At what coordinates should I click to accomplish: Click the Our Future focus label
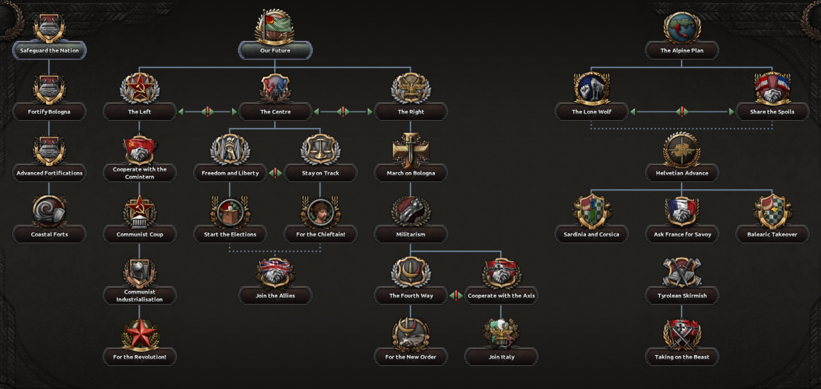point(275,50)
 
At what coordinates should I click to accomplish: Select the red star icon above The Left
point(139,88)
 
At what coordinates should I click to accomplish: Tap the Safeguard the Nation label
point(49,50)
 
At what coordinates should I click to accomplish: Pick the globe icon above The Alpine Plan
point(682,28)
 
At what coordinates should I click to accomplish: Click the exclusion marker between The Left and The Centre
point(207,112)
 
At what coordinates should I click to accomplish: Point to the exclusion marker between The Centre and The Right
point(343,112)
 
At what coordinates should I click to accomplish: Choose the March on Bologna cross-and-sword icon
point(410,150)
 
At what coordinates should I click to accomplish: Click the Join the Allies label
point(275,295)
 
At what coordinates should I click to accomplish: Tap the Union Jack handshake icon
point(275,273)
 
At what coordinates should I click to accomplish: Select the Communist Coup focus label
point(140,234)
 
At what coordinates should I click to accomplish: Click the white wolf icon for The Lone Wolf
point(591,88)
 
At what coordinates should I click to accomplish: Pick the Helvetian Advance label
point(682,173)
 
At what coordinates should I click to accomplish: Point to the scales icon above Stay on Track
point(320,150)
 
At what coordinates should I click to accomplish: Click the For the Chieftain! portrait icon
point(320,211)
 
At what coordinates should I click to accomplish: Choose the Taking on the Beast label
point(682,357)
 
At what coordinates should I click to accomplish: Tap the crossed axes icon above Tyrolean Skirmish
point(682,273)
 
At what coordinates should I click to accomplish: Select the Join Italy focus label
point(502,357)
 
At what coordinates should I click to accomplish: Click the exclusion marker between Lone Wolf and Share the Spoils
point(682,112)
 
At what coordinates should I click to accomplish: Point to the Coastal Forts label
point(49,234)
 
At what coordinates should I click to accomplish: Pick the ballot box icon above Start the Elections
point(230,211)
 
